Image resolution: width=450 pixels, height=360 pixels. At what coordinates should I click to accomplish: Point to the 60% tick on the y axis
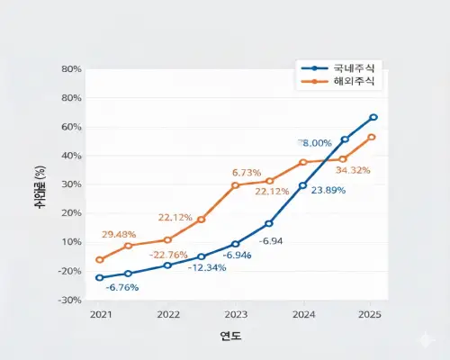pyautogui.click(x=71, y=127)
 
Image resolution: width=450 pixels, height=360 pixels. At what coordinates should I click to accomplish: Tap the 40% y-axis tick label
pyautogui.click(x=71, y=156)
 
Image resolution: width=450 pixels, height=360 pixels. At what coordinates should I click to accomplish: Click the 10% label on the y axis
pyautogui.click(x=71, y=242)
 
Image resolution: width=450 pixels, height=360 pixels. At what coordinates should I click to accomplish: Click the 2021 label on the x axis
pyautogui.click(x=100, y=315)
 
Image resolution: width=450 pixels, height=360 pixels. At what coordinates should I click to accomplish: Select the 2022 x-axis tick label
pyautogui.click(x=168, y=315)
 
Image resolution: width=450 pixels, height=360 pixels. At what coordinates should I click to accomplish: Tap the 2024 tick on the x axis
pyautogui.click(x=303, y=315)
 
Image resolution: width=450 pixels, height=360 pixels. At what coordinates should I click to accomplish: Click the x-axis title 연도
pyautogui.click(x=230, y=336)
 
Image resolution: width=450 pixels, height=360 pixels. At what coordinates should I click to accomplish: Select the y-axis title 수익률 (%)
pyautogui.click(x=40, y=185)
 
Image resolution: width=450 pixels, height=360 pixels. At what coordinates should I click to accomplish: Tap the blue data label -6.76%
pyautogui.click(x=122, y=287)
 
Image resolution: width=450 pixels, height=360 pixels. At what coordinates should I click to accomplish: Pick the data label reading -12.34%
pyautogui.click(x=208, y=267)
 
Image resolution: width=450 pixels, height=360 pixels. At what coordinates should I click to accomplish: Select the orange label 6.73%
pyautogui.click(x=247, y=172)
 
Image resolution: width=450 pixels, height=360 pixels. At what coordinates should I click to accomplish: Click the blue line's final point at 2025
pyautogui.click(x=373, y=117)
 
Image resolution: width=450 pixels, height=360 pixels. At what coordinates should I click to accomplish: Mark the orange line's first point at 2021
pyautogui.click(x=100, y=259)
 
